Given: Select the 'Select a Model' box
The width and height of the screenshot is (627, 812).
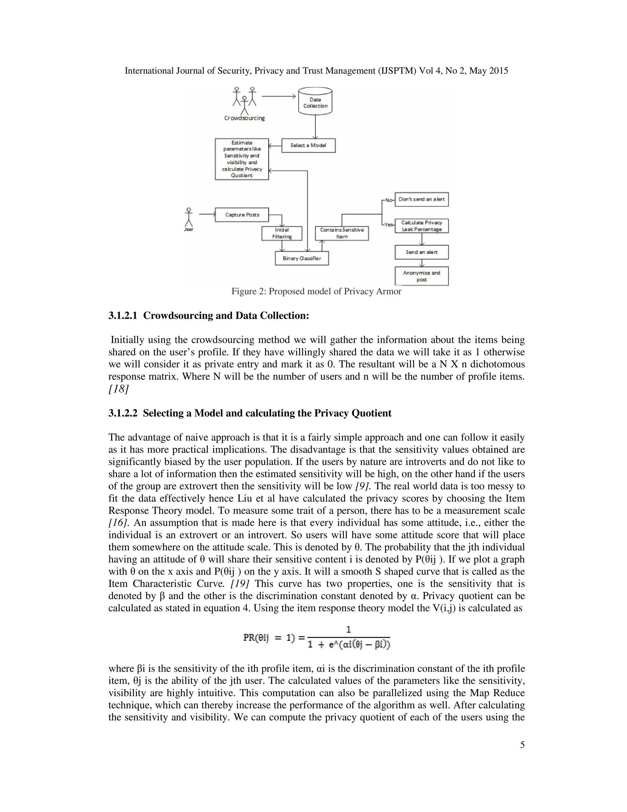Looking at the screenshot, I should point(308,145).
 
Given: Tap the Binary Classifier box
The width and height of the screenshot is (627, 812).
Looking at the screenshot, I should point(302,258).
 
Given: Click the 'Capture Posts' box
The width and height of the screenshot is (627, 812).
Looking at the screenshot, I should point(242,215).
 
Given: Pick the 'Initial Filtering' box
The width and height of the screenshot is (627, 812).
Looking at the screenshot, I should point(282,233).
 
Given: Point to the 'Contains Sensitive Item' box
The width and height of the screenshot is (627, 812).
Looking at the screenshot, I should point(342,233).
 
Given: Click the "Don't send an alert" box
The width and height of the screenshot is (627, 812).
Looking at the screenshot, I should point(422,199).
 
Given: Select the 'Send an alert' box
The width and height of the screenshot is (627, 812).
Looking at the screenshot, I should point(422,252).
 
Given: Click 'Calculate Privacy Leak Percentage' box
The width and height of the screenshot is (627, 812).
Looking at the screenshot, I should point(422,226).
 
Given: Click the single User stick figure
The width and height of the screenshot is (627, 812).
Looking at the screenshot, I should point(189,218).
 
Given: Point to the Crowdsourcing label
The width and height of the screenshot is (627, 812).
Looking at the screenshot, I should point(244,118).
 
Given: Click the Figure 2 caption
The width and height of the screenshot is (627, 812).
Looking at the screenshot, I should point(316,291).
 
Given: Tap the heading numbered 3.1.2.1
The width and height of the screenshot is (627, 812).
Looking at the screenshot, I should point(209,316).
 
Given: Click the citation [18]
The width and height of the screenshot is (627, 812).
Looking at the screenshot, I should point(118,389).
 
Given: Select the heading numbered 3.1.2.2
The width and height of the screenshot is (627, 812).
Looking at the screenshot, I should point(250,413).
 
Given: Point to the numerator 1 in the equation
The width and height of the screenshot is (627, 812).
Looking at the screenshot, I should point(348,629).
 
